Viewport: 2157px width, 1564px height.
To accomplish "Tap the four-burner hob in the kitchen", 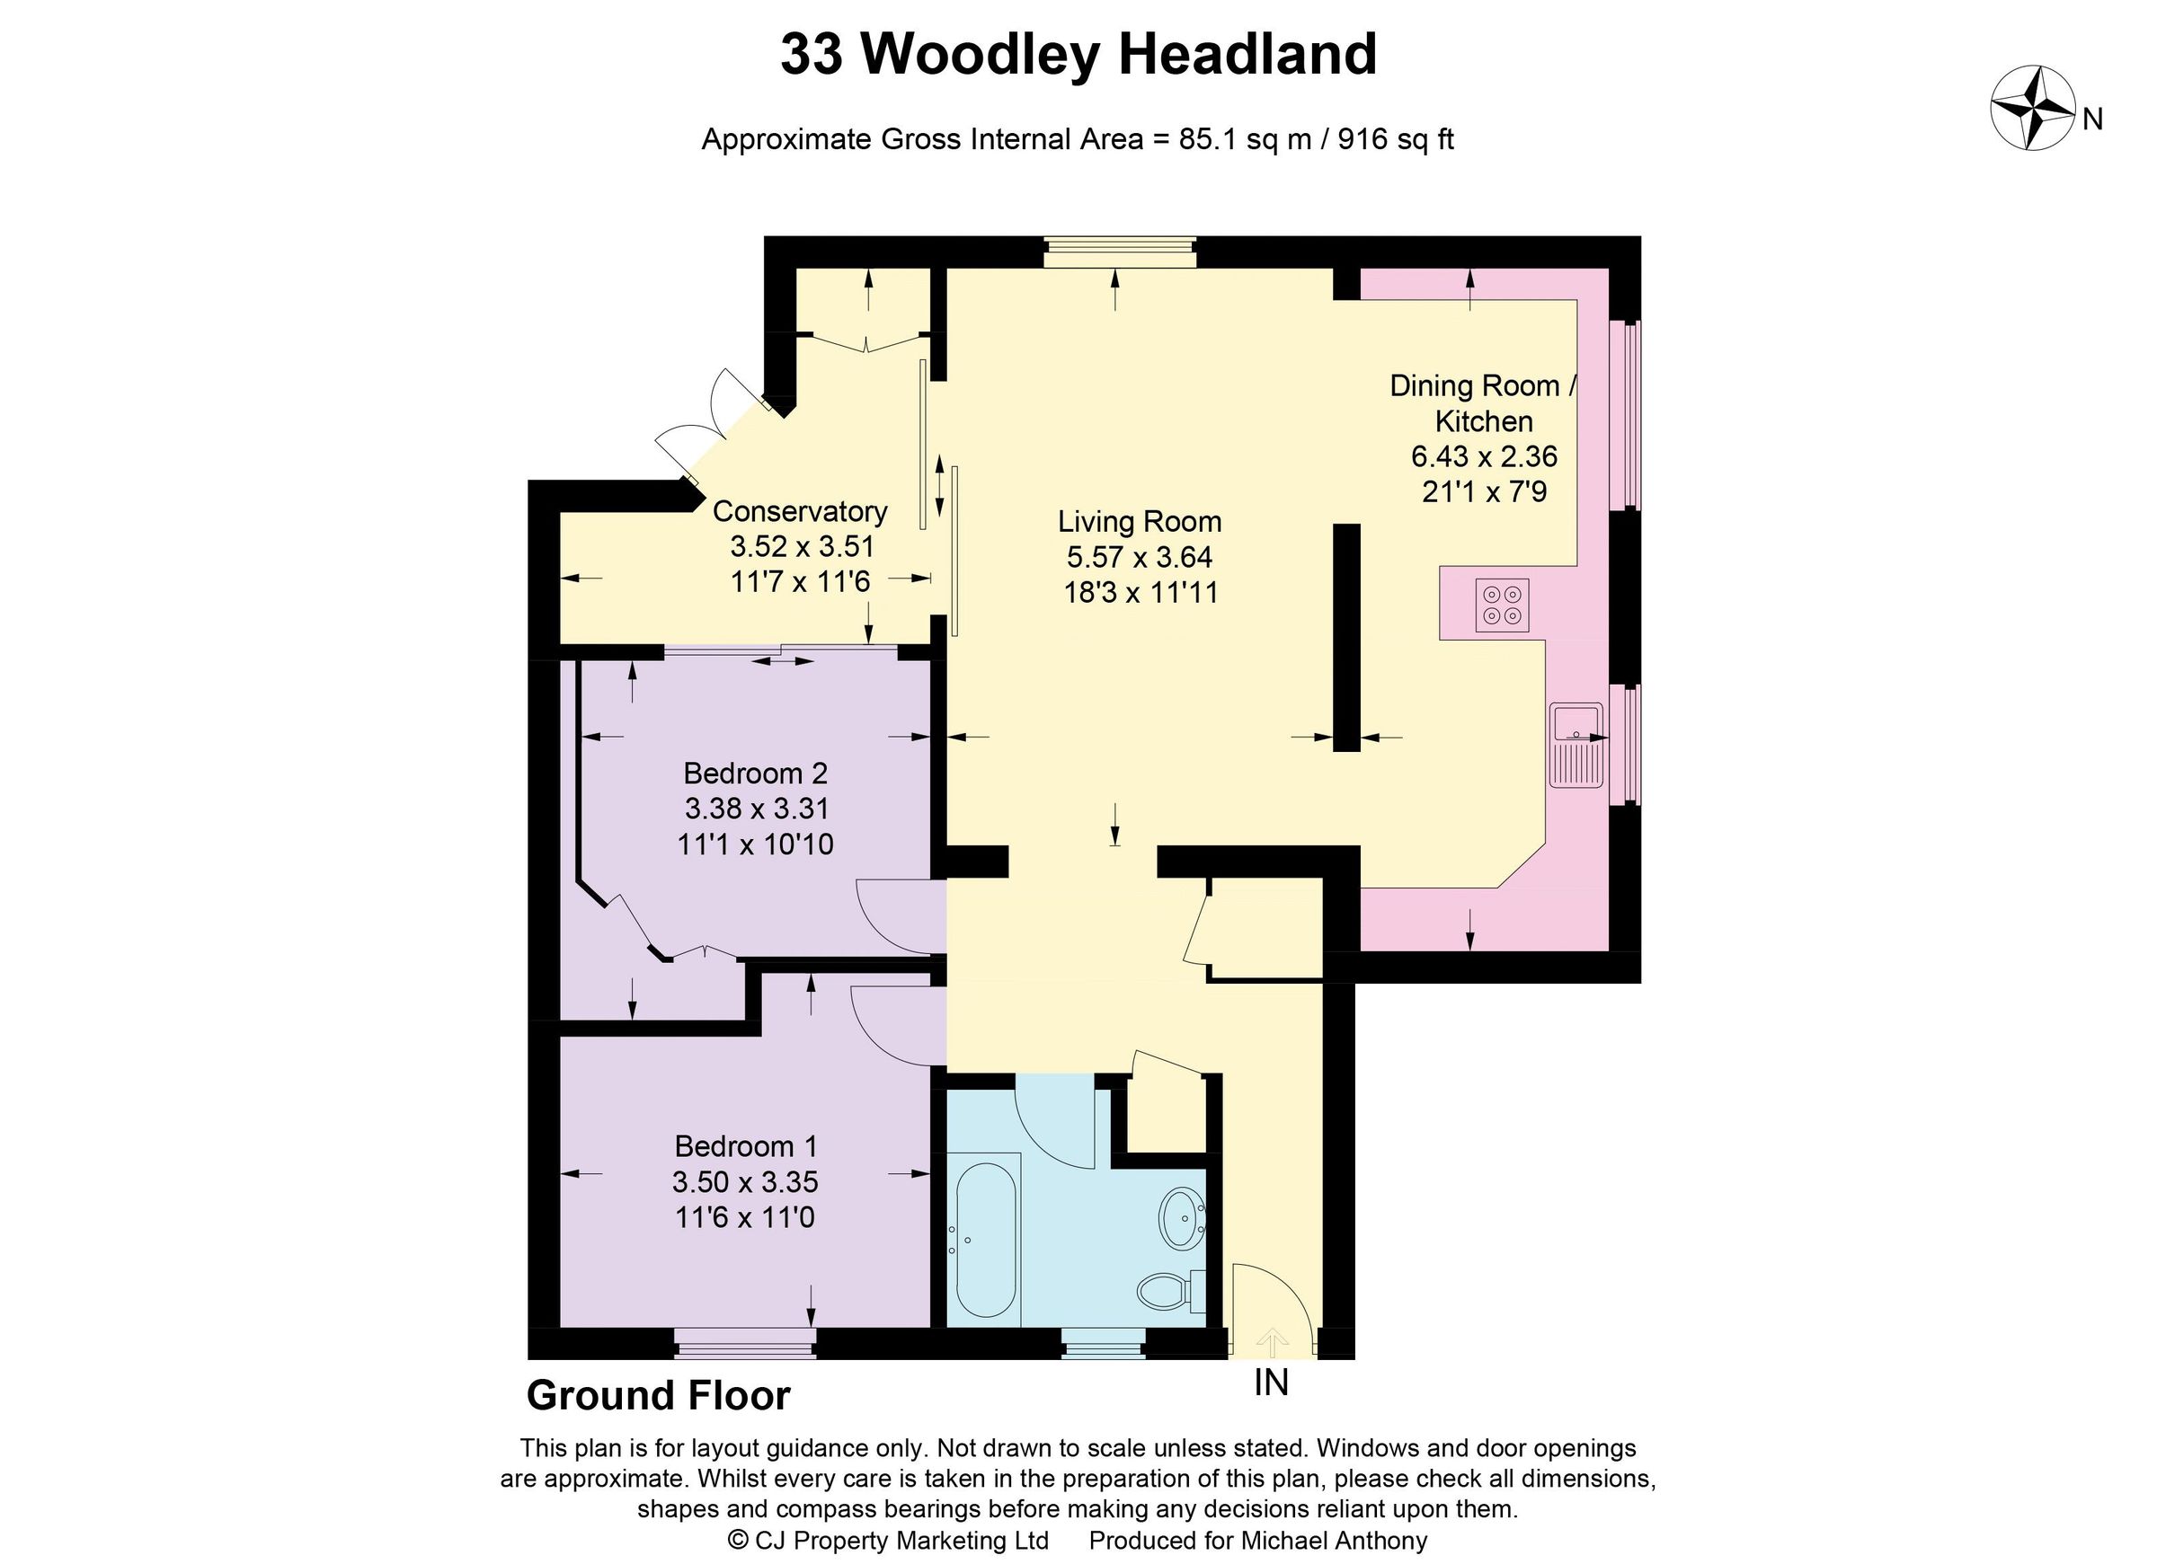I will [x=1502, y=605].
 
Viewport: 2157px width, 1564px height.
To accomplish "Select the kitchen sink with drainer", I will [x=1576, y=745].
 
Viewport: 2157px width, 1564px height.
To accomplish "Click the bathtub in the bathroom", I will [x=986, y=1240].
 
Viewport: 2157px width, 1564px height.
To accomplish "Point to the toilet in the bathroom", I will [x=1166, y=1290].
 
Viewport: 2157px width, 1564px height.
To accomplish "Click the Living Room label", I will [x=1140, y=521].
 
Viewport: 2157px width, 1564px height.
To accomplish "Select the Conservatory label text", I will [x=799, y=511].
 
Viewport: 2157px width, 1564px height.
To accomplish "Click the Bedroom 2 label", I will [x=755, y=772].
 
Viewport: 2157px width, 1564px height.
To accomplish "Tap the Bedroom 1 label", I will [x=746, y=1145].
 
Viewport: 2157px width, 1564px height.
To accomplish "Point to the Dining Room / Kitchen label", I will [x=1484, y=403].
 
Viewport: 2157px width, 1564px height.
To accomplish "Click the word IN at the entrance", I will [x=1271, y=1383].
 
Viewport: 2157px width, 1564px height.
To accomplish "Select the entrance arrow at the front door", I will [x=1273, y=1342].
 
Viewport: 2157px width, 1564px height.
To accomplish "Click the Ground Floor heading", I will [x=658, y=1396].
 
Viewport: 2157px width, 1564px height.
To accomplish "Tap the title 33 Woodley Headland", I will [x=1078, y=54].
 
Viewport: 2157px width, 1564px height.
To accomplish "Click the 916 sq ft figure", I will [x=1396, y=140].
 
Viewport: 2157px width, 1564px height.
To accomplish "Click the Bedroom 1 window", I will [x=745, y=1342].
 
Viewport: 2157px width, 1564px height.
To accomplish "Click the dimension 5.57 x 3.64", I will [x=1140, y=557].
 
